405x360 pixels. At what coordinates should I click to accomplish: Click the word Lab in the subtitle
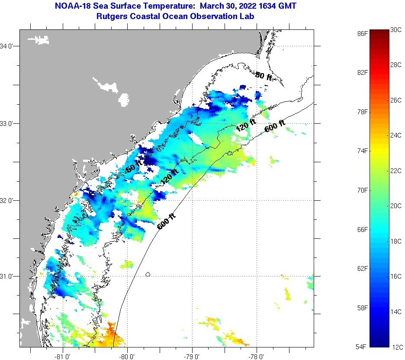(x=247, y=16)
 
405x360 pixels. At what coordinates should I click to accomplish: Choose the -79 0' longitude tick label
(x=192, y=357)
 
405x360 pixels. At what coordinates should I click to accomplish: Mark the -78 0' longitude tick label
(x=257, y=357)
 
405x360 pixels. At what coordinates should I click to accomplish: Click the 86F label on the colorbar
(x=363, y=33)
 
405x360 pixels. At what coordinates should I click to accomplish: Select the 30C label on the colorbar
(x=396, y=30)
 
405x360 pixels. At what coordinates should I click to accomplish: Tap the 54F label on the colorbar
(x=363, y=347)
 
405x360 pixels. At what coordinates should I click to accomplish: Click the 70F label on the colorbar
(x=363, y=190)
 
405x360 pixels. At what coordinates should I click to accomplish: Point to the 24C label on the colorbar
(x=396, y=135)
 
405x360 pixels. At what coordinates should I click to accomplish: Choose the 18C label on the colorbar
(x=396, y=241)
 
